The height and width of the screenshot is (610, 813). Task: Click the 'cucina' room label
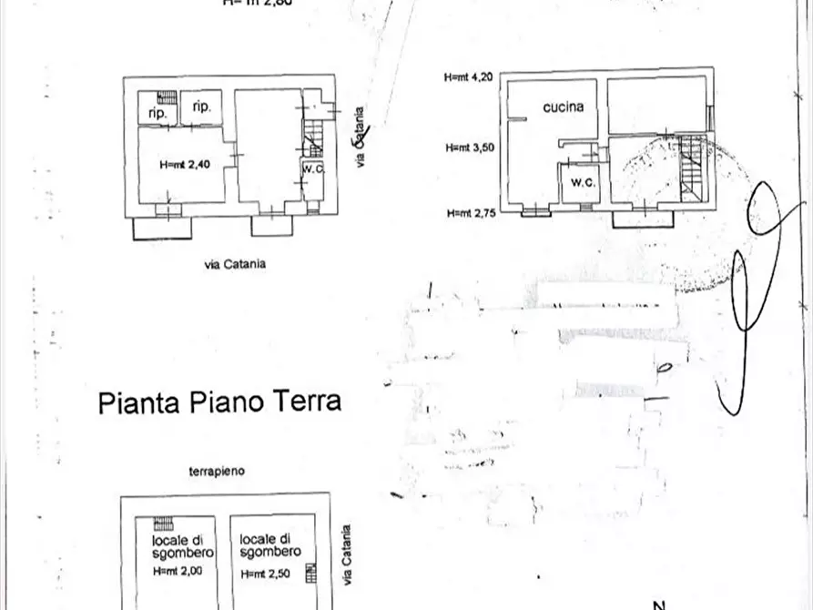click(563, 107)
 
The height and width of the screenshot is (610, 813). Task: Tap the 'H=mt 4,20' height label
click(469, 77)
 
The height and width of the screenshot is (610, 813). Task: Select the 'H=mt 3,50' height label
click(470, 147)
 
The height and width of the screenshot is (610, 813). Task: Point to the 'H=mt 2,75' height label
click(471, 213)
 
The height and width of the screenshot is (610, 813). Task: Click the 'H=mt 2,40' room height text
click(184, 165)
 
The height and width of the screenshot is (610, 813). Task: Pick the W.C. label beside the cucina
click(584, 183)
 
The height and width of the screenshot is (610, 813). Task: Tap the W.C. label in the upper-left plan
click(313, 168)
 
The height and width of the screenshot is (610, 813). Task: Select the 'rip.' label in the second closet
click(202, 107)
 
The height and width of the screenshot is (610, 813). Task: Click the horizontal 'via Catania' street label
click(235, 264)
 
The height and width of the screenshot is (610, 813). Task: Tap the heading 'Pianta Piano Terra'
click(219, 402)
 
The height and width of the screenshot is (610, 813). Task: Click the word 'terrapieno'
click(217, 472)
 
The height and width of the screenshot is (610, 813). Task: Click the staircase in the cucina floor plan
click(692, 168)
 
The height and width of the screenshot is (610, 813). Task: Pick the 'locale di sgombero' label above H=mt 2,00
click(182, 546)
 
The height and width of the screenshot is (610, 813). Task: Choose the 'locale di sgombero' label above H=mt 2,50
click(270, 546)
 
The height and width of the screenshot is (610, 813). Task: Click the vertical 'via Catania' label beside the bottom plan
click(346, 555)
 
